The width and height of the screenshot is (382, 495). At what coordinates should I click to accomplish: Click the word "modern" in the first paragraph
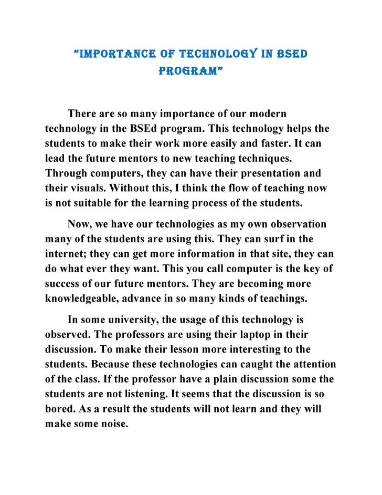269,114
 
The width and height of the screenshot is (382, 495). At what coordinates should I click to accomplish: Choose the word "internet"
65,254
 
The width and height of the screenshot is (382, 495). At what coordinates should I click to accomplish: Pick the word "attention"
310,364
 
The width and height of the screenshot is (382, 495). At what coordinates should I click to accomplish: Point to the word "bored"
59,408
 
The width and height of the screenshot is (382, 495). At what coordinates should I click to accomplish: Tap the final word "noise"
114,423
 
